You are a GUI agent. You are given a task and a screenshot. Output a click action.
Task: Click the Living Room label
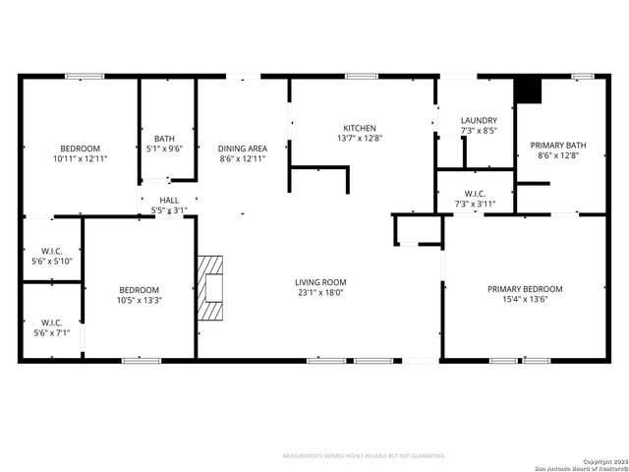tap(322, 282)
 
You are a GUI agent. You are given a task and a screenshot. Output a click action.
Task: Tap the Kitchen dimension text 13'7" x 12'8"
tap(359, 139)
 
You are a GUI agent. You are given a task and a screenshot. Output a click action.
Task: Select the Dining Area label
tap(242, 148)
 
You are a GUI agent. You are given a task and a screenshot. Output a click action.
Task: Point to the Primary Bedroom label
tap(525, 289)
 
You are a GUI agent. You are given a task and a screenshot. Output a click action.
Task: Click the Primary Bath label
tap(556, 145)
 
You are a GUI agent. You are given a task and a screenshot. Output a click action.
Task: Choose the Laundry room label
tap(479, 120)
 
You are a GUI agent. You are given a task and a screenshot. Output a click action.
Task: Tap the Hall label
tap(169, 200)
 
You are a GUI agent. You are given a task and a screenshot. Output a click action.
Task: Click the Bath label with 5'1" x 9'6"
tap(164, 139)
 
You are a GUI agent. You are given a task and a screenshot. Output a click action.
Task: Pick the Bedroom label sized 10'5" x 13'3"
tap(139, 289)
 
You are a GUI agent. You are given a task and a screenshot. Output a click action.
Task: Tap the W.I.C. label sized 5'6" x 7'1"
tap(51, 323)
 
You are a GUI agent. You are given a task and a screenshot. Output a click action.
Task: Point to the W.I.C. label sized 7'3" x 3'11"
tap(475, 194)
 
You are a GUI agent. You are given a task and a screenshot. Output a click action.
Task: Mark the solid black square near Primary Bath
tap(529, 89)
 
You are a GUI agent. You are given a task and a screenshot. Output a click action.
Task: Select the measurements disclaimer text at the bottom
tap(364, 456)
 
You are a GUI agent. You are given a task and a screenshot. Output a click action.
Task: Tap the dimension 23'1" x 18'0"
tap(322, 292)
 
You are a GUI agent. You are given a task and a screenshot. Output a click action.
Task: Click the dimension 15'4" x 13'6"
tap(525, 299)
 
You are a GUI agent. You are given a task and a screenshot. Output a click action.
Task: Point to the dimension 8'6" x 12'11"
tap(242, 158)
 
